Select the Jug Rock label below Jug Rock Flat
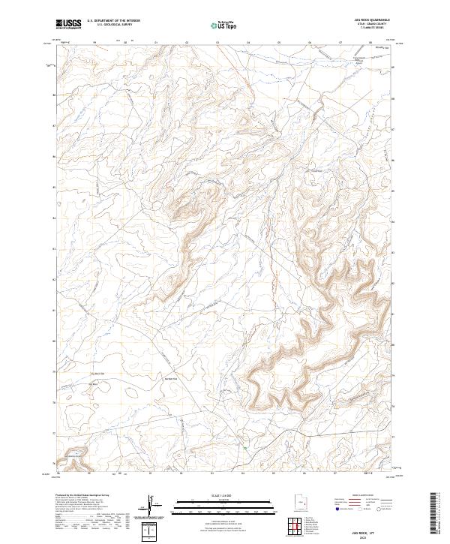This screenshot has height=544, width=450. click(x=94, y=384)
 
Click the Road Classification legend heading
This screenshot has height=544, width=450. click(x=367, y=496)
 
